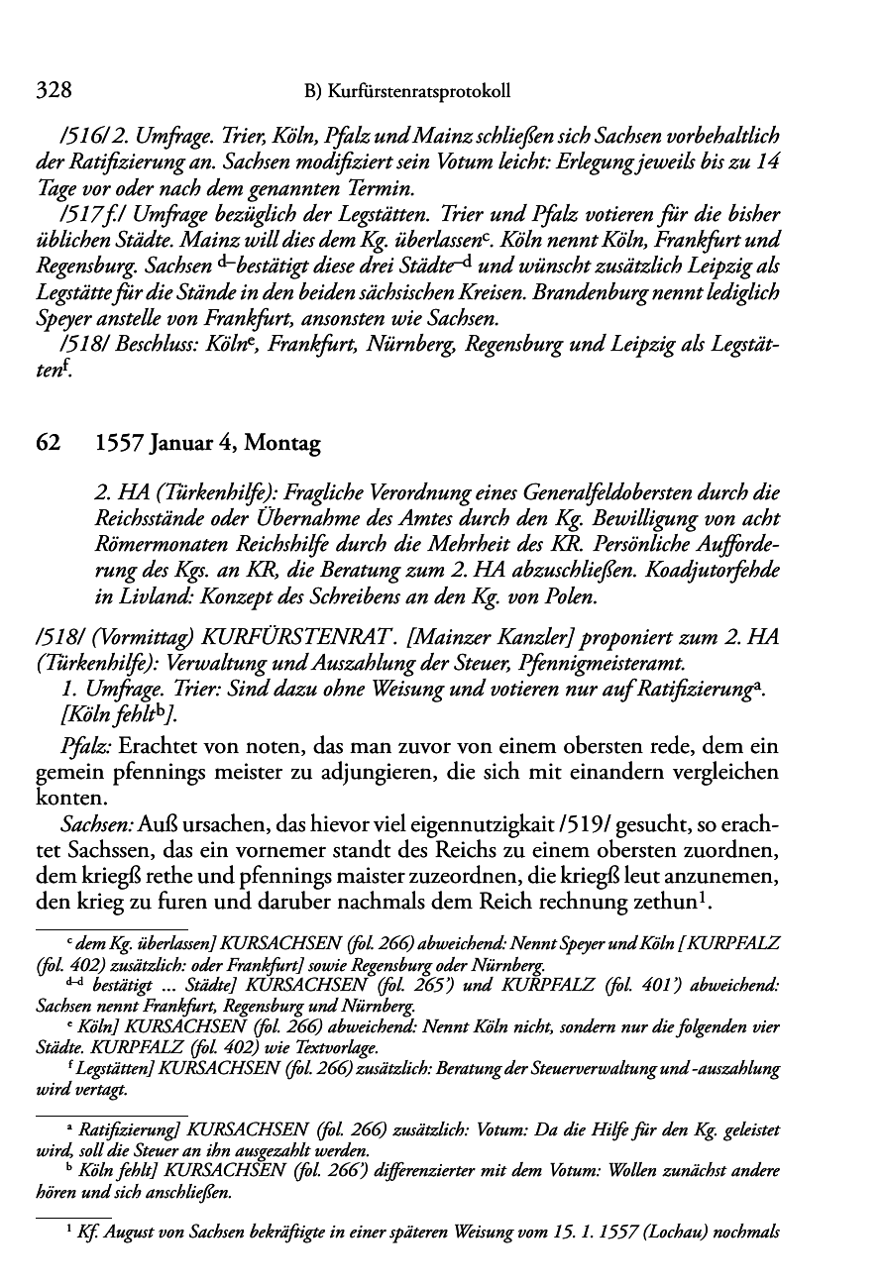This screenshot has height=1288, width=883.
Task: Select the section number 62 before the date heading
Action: click(x=49, y=444)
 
